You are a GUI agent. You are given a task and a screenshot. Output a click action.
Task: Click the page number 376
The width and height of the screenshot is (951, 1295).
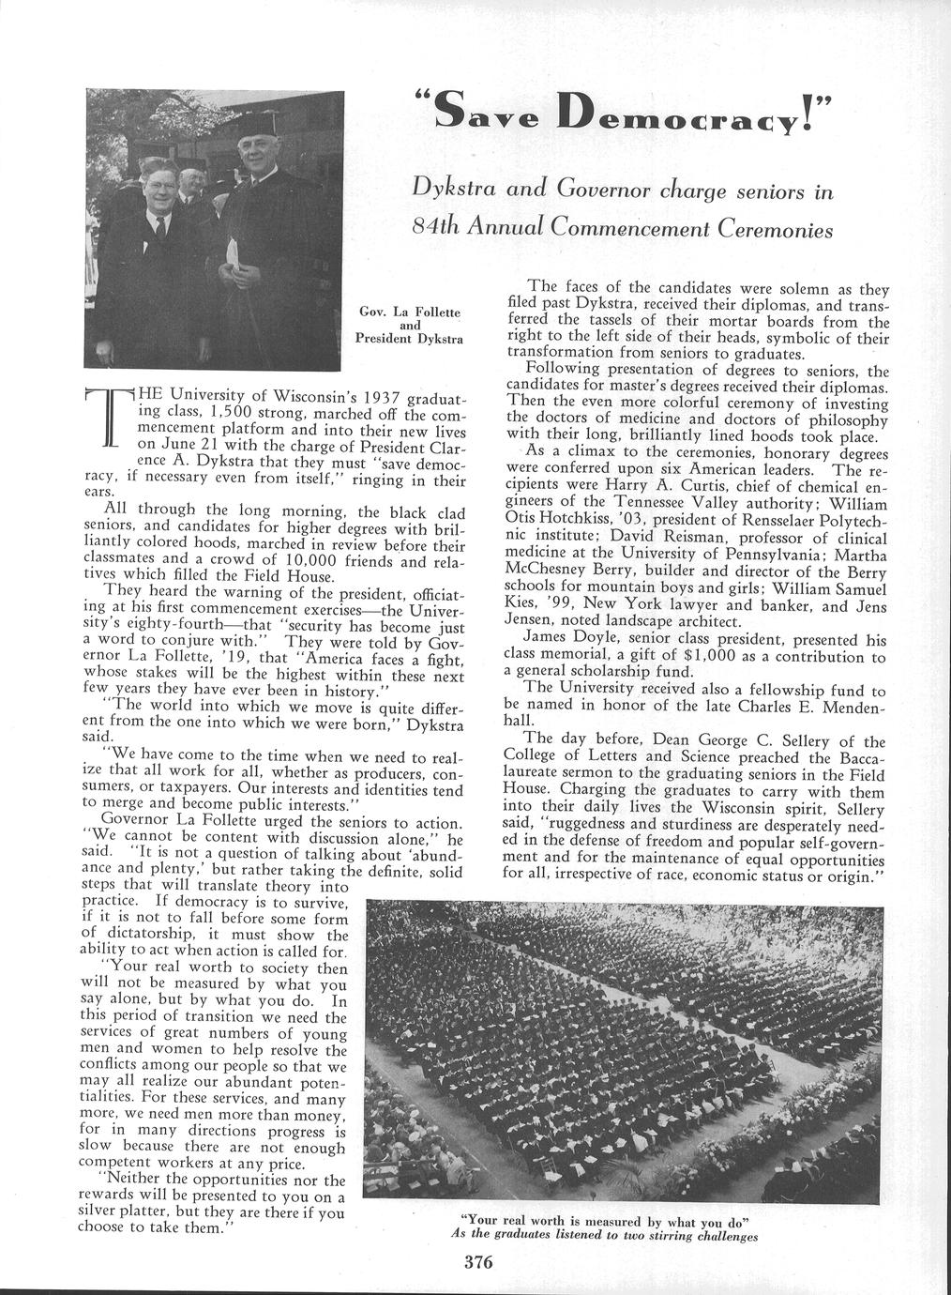coord(478,1261)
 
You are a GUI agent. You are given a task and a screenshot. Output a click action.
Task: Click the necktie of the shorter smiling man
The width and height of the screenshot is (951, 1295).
coord(160,228)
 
